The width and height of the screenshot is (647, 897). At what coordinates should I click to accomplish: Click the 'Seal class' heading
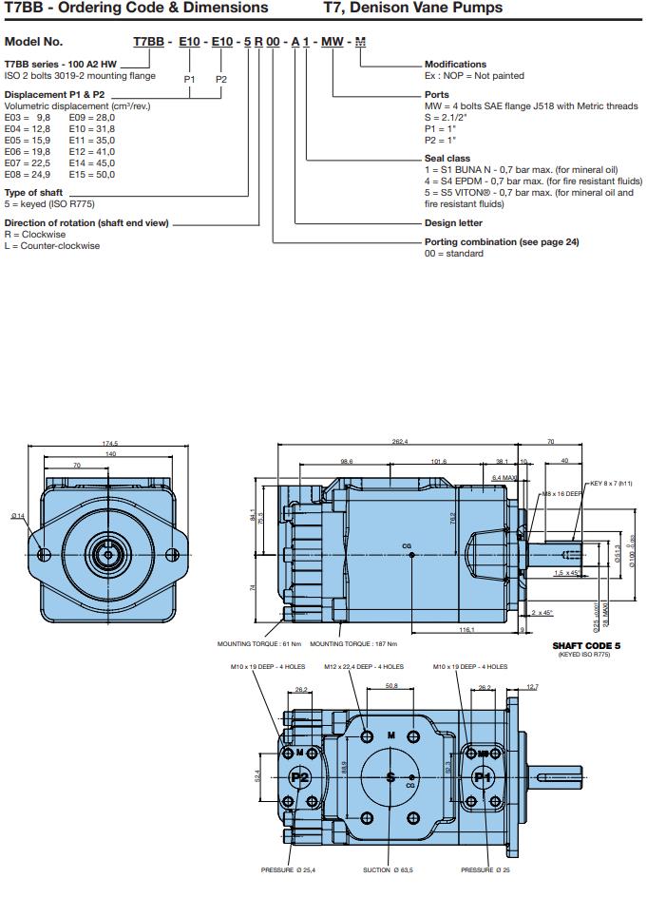pos(447,159)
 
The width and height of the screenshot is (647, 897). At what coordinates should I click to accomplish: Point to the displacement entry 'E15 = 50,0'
pos(91,175)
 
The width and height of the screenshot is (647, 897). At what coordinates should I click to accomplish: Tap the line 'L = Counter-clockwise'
pos(52,246)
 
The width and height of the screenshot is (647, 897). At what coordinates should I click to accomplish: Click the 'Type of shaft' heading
pos(33,192)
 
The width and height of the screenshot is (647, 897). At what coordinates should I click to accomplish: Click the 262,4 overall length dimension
pos(399,442)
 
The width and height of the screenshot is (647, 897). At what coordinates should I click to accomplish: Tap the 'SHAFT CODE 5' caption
pos(586,646)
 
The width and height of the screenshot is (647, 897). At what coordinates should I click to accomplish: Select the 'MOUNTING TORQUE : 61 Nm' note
pos(253,643)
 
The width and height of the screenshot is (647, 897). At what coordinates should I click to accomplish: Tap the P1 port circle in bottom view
pos(483,776)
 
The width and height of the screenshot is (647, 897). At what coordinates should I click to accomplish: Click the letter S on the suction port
pos(390,776)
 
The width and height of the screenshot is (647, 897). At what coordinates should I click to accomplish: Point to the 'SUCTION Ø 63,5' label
pos(389,869)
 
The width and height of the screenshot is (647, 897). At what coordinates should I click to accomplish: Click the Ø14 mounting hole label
pos(18,516)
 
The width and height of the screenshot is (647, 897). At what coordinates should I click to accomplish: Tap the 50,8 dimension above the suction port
pos(390,684)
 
